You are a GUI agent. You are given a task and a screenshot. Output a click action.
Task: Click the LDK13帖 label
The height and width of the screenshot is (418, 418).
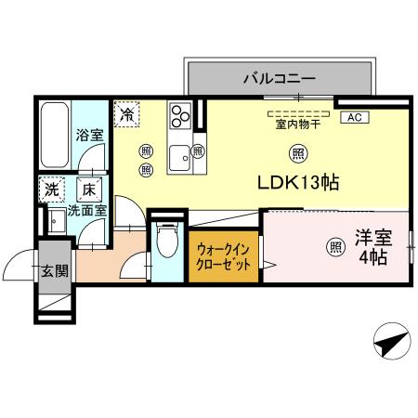(297, 183)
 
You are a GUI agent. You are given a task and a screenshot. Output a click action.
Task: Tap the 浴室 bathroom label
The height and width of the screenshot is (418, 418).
(89, 133)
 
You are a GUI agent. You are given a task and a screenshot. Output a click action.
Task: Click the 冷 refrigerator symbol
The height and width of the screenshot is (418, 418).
(125, 114)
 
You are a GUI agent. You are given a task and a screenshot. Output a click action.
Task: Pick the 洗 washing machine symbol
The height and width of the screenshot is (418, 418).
(51, 189)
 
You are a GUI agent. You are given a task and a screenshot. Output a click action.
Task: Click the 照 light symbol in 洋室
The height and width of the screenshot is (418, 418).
(333, 246)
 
